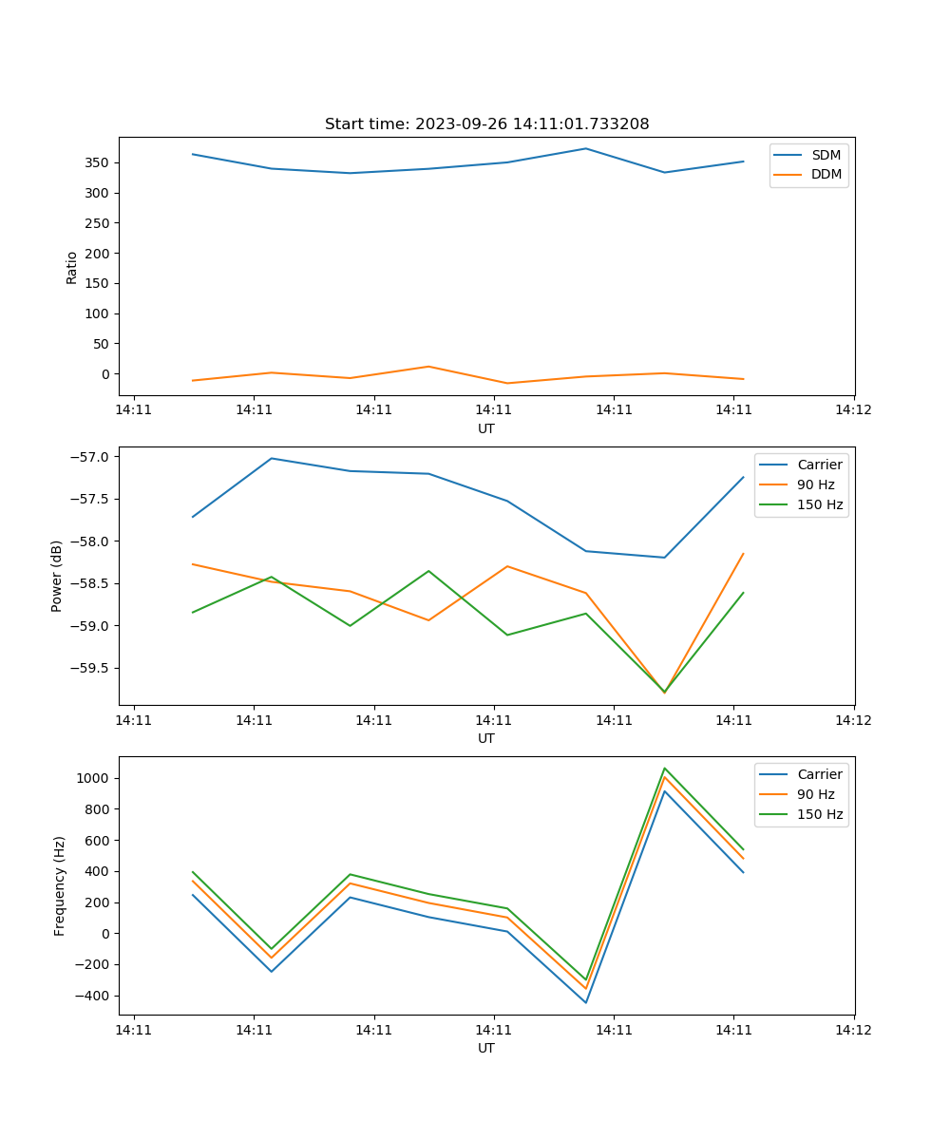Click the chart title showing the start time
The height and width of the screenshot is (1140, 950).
click(486, 124)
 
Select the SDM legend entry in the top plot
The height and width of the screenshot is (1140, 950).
click(826, 155)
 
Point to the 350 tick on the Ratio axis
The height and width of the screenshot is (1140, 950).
click(97, 162)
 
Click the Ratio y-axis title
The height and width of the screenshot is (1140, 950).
click(72, 267)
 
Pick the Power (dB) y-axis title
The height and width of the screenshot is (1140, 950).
click(57, 576)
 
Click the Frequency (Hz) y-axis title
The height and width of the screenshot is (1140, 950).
click(59, 885)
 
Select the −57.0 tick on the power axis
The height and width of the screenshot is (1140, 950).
click(90, 457)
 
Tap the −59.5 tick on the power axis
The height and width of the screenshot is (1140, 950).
click(90, 668)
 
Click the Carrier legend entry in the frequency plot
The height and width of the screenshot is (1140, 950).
click(819, 774)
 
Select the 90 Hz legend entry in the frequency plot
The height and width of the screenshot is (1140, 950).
click(816, 794)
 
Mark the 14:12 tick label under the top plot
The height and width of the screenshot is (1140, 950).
click(853, 410)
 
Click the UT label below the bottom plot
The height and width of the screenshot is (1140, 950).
click(486, 1048)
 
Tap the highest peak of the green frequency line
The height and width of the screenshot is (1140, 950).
click(664, 769)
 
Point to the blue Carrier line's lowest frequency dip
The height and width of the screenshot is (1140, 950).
click(585, 1002)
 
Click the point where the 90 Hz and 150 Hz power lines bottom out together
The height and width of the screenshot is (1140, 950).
click(664, 692)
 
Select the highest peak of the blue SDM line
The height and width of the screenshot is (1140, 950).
click(585, 148)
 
